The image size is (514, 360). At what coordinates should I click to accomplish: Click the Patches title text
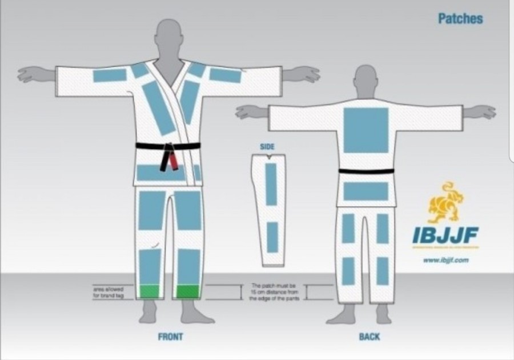coord(460,18)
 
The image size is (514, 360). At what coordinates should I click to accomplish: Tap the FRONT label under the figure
coord(170,337)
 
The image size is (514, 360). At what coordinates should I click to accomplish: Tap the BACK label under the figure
coord(370,337)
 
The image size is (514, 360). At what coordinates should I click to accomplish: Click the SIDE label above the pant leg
coord(267,147)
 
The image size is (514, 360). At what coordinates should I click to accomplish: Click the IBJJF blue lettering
coord(445,235)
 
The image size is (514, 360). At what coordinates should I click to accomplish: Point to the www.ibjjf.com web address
coord(446,260)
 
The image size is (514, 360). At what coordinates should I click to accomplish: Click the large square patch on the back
coord(366,130)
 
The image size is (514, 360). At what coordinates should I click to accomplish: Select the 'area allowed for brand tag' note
coord(109,292)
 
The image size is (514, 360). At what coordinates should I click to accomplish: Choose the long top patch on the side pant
coord(271,186)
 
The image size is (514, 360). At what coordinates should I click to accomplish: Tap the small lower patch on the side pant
coord(272,237)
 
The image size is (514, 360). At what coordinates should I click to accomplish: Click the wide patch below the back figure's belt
coord(366,191)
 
